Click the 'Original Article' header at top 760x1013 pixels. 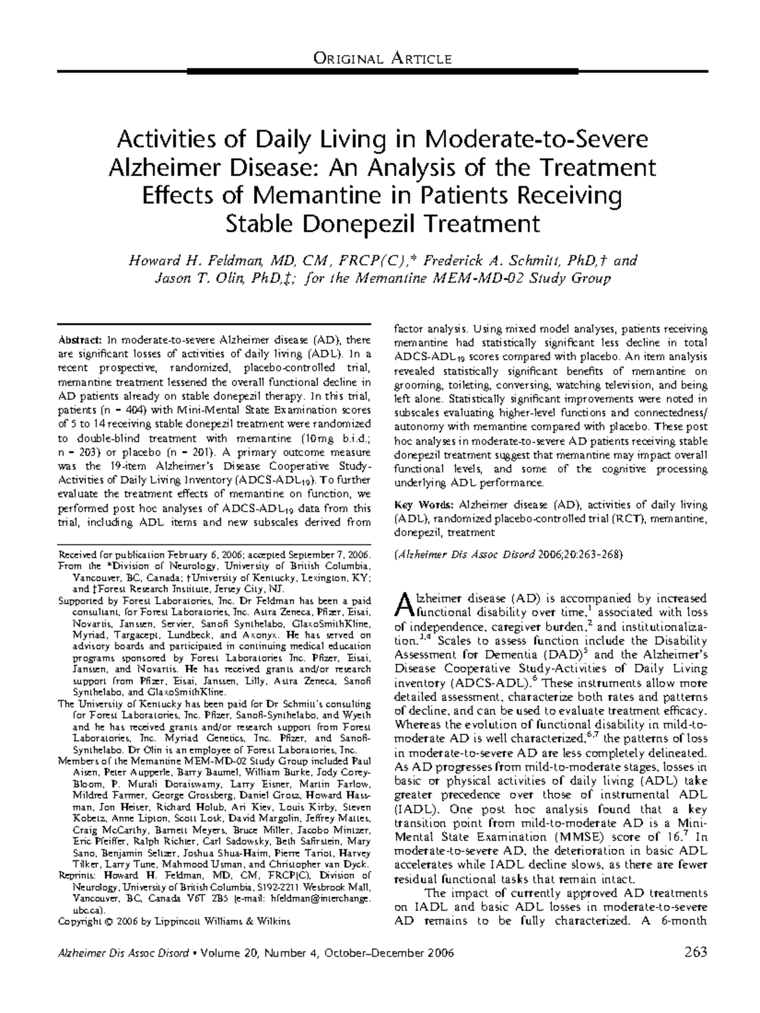tap(383, 60)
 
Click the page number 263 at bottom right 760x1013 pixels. tap(695, 953)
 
